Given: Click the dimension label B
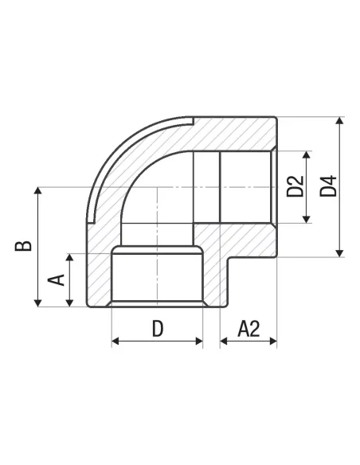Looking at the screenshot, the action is point(23,246).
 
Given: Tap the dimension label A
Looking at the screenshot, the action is point(57,280).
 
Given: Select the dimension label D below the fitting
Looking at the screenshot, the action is point(158,329).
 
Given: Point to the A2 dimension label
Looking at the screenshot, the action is point(248,329).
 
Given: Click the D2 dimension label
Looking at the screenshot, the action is point(295,186).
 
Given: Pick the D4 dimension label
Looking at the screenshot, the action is point(329,186).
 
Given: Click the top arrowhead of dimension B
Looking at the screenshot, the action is point(38,190).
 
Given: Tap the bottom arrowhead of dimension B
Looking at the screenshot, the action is point(38,303).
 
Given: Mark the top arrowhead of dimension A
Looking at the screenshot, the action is point(69,257).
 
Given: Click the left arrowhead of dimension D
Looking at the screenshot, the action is point(115,341).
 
